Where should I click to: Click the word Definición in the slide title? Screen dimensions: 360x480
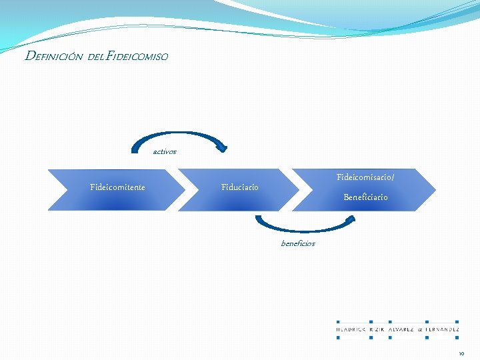53,57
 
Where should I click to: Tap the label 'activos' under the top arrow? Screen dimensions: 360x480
165,152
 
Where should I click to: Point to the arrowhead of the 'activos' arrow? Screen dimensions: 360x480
223,146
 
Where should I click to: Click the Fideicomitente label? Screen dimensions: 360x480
117,187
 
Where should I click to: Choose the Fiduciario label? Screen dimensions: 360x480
239,187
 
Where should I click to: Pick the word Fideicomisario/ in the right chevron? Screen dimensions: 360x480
365,177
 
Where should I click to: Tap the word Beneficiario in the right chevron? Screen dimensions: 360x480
365,197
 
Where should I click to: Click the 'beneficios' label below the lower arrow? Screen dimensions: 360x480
298,244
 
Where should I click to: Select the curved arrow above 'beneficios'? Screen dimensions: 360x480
307,230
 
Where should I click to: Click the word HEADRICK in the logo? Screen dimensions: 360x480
351,329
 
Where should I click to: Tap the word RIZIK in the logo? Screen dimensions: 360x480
378,329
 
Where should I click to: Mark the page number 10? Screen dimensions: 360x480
461,353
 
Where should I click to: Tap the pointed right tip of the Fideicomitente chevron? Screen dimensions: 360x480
185,190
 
